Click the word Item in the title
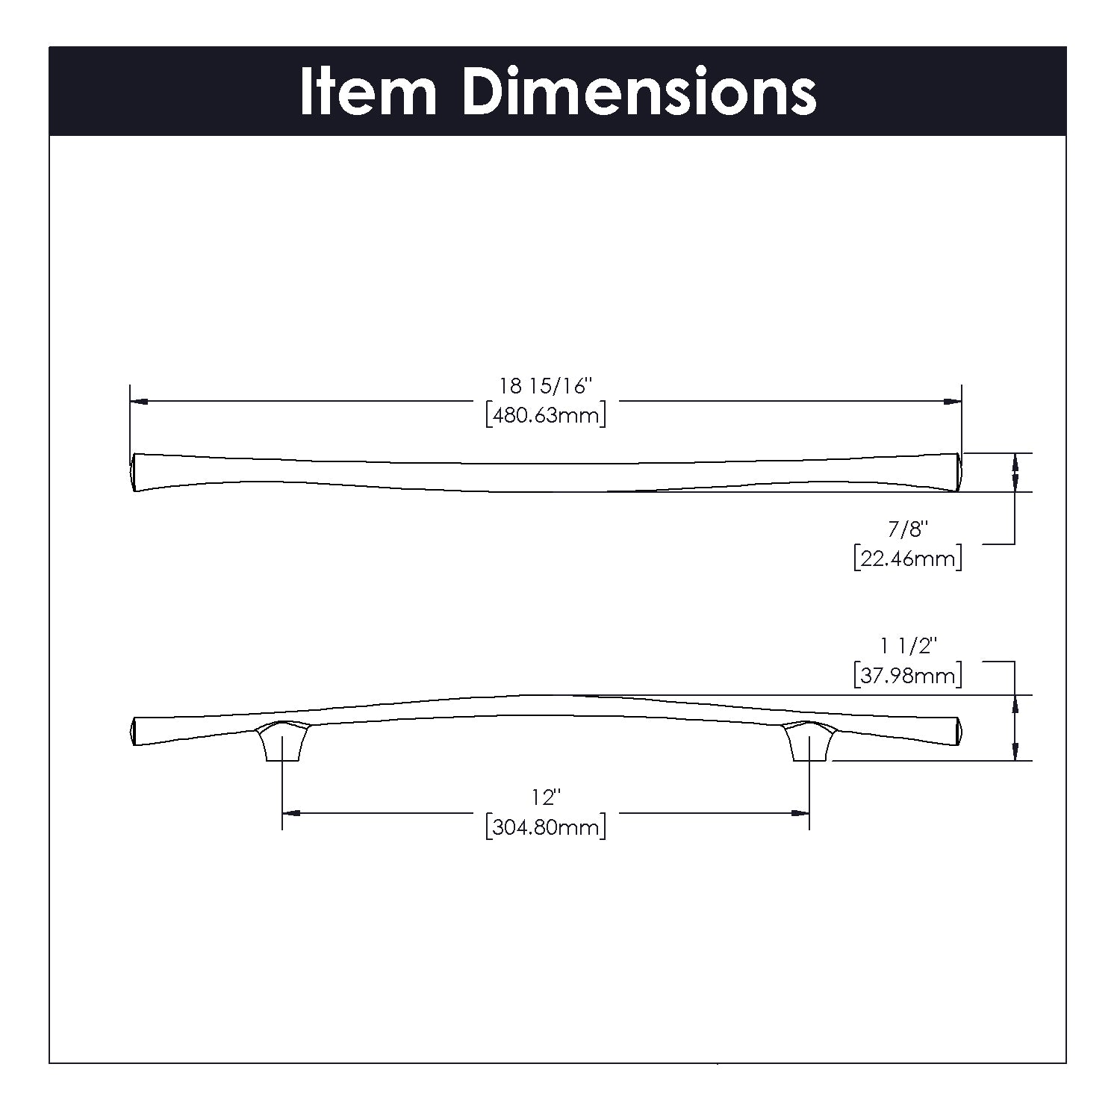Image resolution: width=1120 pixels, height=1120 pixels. (368, 92)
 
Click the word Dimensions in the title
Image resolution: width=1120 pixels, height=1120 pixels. (640, 92)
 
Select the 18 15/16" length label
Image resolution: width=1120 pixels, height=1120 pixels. (545, 386)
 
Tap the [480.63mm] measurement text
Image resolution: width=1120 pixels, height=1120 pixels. (545, 414)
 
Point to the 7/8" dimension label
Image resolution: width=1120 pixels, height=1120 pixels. (907, 529)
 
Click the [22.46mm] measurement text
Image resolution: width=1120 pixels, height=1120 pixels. (907, 558)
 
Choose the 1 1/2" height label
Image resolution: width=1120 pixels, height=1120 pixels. (907, 646)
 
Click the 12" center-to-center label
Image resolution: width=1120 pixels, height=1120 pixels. (546, 797)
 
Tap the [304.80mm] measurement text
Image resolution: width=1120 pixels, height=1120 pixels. (545, 827)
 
